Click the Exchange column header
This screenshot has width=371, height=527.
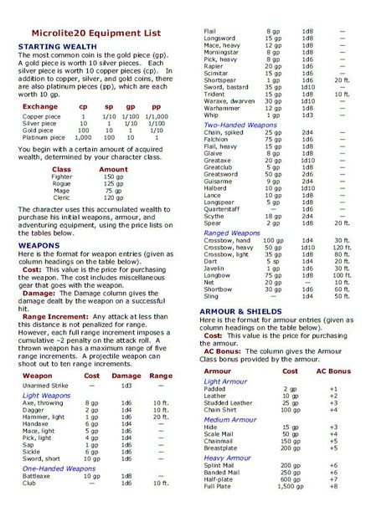(x=40, y=107)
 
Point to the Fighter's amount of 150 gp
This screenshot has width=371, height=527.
(x=113, y=177)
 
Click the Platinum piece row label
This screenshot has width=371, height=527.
(x=44, y=137)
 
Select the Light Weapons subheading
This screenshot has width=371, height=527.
(x=46, y=395)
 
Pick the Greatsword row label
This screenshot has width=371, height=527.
(x=221, y=174)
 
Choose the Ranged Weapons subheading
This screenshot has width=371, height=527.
(x=232, y=233)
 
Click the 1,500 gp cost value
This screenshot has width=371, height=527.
(x=290, y=509)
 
